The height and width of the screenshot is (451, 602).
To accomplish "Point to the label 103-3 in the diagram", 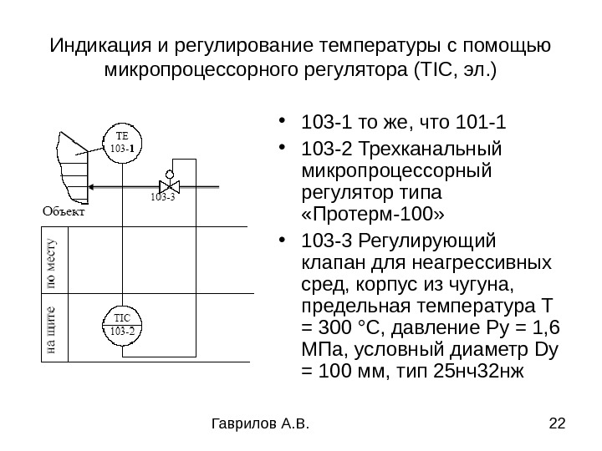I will [x=163, y=199].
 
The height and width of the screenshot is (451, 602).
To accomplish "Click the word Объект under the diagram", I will [x=64, y=212].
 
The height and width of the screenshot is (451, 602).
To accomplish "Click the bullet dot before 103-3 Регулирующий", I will [x=287, y=241].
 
